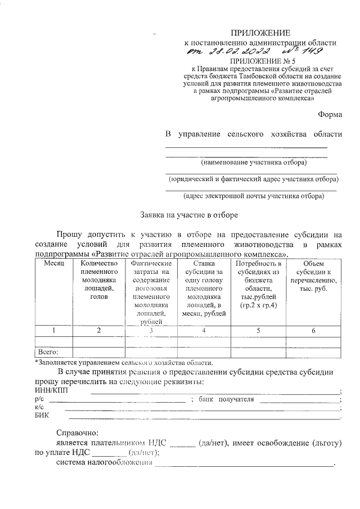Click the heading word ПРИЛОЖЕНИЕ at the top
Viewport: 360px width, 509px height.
coord(261,33)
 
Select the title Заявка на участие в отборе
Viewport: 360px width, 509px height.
coord(189,214)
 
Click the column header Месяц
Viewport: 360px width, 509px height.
coord(55,263)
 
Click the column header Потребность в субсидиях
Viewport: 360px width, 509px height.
coord(258,284)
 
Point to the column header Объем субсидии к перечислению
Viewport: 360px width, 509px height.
coord(313,276)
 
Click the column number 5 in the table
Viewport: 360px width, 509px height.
coord(258,331)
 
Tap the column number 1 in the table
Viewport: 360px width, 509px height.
coord(55,331)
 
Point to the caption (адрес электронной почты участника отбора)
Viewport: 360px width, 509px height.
coord(254,196)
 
